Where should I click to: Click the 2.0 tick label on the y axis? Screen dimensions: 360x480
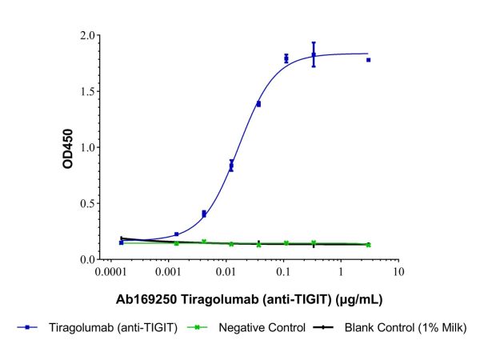pyautogui.click(x=82, y=35)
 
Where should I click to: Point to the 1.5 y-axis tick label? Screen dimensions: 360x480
pyautogui.click(x=82, y=91)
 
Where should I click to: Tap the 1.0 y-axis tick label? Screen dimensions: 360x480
pyautogui.click(x=82, y=147)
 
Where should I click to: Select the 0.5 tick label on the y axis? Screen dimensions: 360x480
pyautogui.click(x=82, y=203)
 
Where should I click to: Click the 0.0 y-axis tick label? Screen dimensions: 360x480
pyautogui.click(x=82, y=259)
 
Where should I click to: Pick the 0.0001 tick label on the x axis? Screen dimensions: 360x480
pyautogui.click(x=112, y=274)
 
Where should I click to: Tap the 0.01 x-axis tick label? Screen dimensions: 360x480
pyautogui.click(x=227, y=274)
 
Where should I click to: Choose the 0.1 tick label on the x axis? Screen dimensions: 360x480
pyautogui.click(x=284, y=274)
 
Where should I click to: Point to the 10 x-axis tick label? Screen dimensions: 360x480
pyautogui.click(x=398, y=274)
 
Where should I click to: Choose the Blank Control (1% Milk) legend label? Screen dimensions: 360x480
pyautogui.click(x=405, y=327)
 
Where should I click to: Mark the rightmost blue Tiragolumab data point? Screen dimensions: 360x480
pyautogui.click(x=368, y=60)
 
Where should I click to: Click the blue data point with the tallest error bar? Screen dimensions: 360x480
pyautogui.click(x=314, y=54)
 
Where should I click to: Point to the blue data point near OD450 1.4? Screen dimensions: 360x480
pyautogui.click(x=258, y=103)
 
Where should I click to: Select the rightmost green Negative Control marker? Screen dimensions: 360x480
pyautogui.click(x=368, y=244)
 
